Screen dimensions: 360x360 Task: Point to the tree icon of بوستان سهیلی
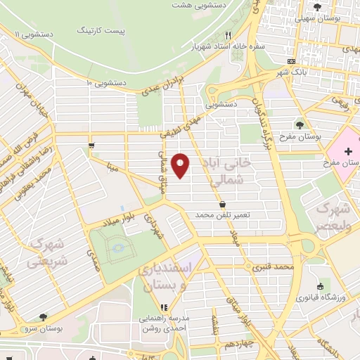[318, 7]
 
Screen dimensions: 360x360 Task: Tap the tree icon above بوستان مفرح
[300, 124]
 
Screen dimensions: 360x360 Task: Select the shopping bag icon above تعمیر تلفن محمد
[223, 204]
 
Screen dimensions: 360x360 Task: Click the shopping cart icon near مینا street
[91, 146]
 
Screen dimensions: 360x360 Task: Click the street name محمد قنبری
[274, 267]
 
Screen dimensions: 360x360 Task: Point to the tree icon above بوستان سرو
[44, 317]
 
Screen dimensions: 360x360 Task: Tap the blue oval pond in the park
[117, 248]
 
